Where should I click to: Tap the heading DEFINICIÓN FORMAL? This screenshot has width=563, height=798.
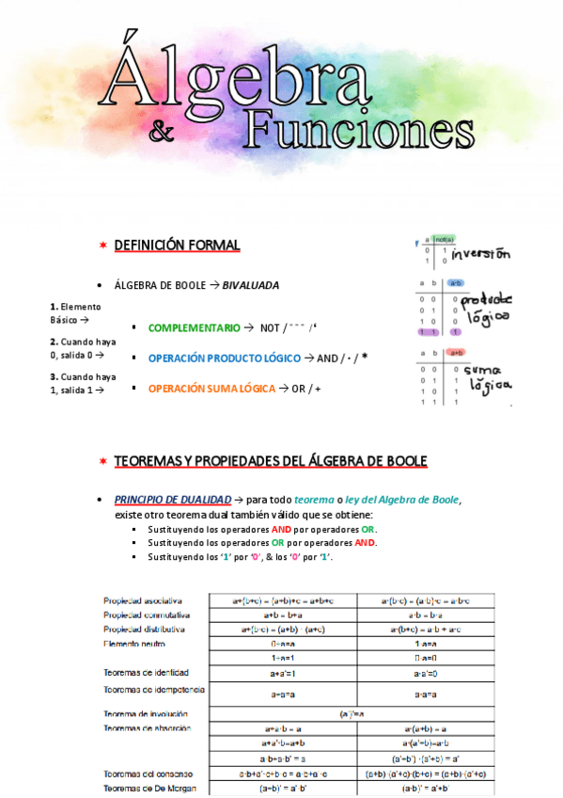(177, 246)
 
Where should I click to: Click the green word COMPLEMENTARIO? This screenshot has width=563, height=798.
(195, 327)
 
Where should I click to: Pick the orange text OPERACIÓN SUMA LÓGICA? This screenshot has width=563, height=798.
(211, 389)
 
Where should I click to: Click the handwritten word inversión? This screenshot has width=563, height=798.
(480, 255)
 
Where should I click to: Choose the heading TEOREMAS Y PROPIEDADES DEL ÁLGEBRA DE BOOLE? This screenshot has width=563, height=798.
(271, 461)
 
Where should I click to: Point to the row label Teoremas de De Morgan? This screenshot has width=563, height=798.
(149, 788)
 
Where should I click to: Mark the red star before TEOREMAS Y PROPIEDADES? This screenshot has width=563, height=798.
(102, 461)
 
